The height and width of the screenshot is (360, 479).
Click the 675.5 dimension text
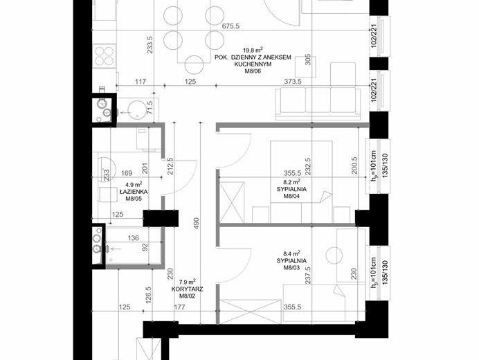point(231,26)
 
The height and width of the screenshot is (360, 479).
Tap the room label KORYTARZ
point(188,289)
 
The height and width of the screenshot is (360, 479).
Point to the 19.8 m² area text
point(253,50)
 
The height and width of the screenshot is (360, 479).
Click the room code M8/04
point(291,196)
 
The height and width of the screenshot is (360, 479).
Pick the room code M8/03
point(291,268)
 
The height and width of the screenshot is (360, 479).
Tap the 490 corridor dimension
point(196,223)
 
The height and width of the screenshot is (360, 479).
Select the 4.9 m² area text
point(134,185)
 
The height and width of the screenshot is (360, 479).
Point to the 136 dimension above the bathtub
point(133,237)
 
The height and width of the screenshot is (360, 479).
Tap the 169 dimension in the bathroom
point(127,173)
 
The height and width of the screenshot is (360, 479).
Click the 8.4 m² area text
point(291,253)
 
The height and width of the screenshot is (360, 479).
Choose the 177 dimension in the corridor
point(179,307)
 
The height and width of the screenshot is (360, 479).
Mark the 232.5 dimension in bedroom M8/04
point(307,167)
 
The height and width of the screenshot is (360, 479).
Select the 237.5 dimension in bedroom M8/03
point(307,276)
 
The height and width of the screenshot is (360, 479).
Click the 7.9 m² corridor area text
point(188,282)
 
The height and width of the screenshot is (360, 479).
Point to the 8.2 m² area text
point(291,182)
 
